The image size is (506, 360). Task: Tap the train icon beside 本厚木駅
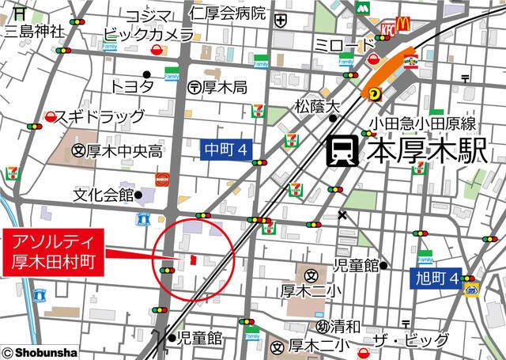tap(342, 151)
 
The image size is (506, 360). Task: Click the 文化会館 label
tap(103, 194)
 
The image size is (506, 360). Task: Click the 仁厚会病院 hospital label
tap(228, 13)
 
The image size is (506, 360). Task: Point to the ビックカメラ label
tap(149, 36)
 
